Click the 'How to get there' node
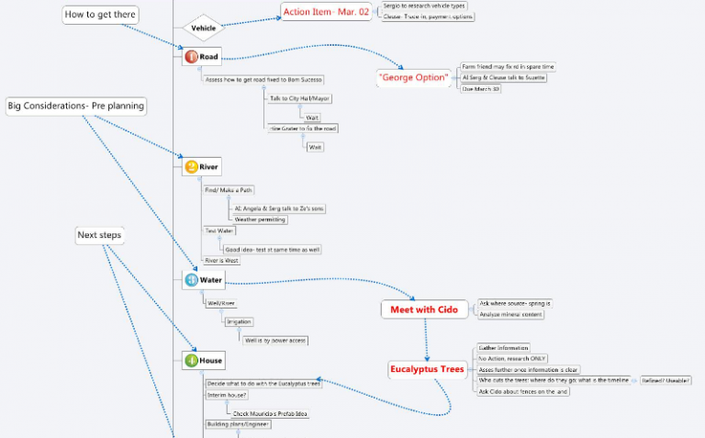[x=100, y=15]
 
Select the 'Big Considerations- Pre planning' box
[x=76, y=107]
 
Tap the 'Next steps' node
[x=99, y=235]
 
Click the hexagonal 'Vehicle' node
[x=203, y=28]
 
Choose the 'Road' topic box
[x=202, y=57]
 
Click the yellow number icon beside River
[x=191, y=167]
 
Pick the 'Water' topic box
[x=203, y=279]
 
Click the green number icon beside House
[x=191, y=360]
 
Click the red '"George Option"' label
[x=413, y=78]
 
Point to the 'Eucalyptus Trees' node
[x=427, y=369]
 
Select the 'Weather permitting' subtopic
[x=260, y=219]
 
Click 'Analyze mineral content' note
[x=510, y=314]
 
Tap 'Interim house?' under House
[x=226, y=394]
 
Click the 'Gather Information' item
[x=504, y=348]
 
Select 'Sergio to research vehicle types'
[x=429, y=6]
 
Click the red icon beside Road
[x=191, y=57]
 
